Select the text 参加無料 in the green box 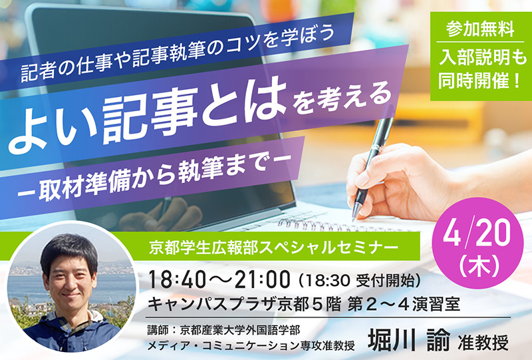(x=480, y=29)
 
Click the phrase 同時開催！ (x=480, y=81)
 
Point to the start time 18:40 (x=176, y=280)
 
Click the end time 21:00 (x=263, y=280)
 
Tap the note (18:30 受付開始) (x=359, y=280)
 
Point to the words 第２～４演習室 (x=404, y=304)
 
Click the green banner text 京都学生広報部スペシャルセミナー (x=273, y=248)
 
